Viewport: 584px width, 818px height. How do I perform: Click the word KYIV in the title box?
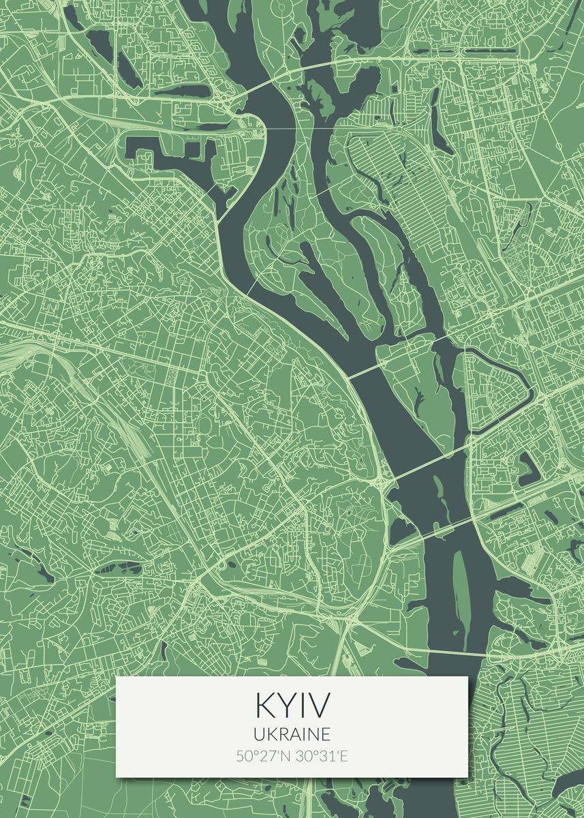292,705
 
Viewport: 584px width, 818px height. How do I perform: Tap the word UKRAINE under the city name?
292,733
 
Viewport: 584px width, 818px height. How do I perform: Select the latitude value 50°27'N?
262,756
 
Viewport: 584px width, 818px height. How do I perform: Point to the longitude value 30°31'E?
321,756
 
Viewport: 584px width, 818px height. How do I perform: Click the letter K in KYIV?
264,705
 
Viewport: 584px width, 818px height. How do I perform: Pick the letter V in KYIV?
318,705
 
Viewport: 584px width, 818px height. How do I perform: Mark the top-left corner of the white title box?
117,677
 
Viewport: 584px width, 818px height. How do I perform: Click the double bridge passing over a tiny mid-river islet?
436,528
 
